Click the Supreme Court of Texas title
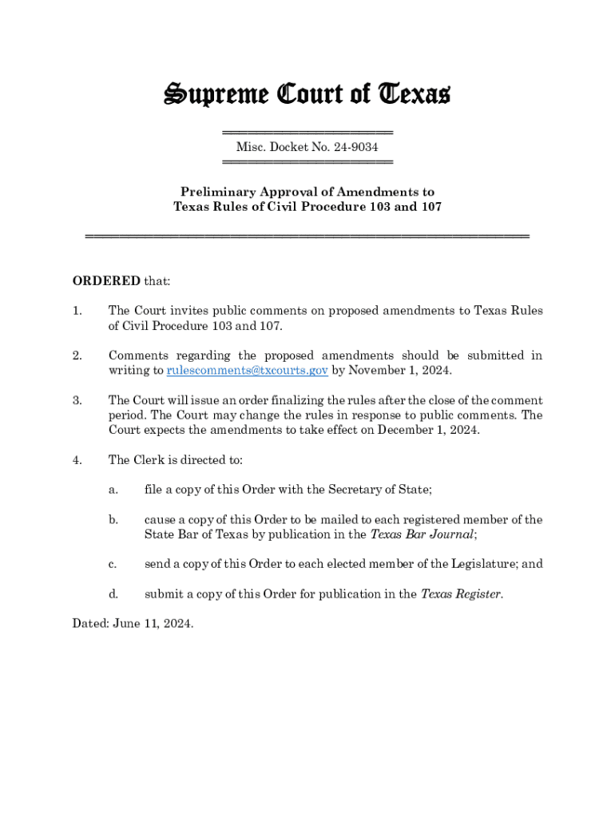point(307,94)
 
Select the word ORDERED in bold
point(106,281)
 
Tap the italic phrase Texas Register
point(461,594)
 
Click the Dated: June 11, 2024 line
point(133,624)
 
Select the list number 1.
point(77,311)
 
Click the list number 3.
point(77,400)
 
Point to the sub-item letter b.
point(113,520)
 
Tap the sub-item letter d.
point(113,594)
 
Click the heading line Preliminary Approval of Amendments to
point(307,192)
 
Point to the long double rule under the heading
point(307,236)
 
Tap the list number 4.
point(77,460)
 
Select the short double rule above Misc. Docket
point(307,132)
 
